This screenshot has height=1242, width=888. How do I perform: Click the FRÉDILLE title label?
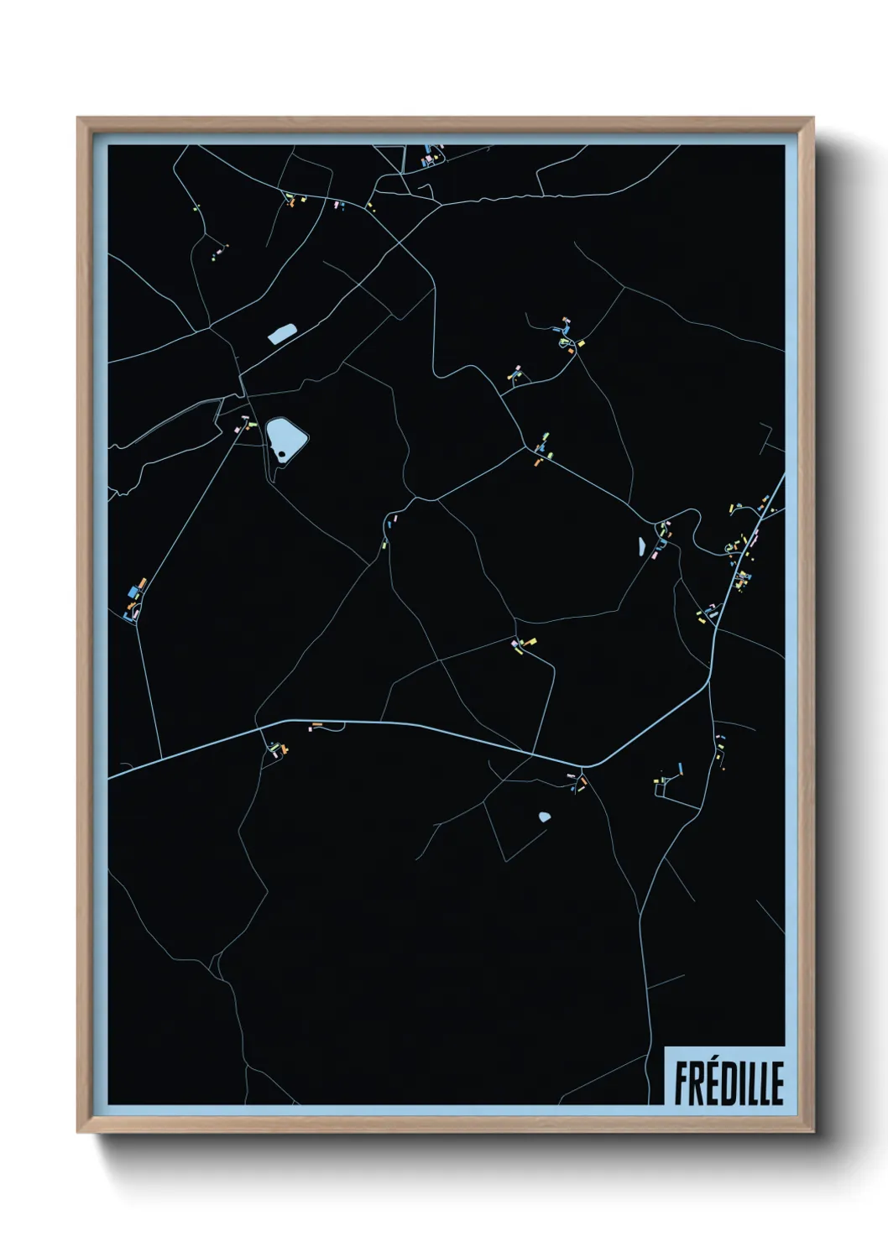tap(728, 1083)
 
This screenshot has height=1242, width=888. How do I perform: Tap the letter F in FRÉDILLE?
tap(682, 1083)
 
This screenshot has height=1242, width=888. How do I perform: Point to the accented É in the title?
tap(713, 1082)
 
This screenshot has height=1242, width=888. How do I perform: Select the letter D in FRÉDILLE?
tap(729, 1083)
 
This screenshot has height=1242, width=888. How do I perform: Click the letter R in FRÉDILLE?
tap(697, 1083)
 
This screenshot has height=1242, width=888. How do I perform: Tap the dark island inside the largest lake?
tap(282, 454)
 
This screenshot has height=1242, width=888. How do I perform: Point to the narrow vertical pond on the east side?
tap(642, 547)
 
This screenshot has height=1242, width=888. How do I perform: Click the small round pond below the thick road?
tap(545, 816)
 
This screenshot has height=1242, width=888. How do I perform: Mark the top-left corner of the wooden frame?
tap(78, 118)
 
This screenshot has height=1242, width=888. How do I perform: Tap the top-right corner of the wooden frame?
tap(814, 118)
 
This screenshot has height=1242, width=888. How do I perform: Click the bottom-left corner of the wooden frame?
tap(78, 1131)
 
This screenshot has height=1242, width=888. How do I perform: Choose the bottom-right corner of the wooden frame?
tap(814, 1131)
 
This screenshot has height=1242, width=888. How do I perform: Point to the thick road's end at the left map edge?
tap(110, 778)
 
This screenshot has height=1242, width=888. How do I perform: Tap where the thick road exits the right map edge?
tap(783, 477)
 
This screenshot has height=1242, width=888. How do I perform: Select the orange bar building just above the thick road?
tap(317, 724)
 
